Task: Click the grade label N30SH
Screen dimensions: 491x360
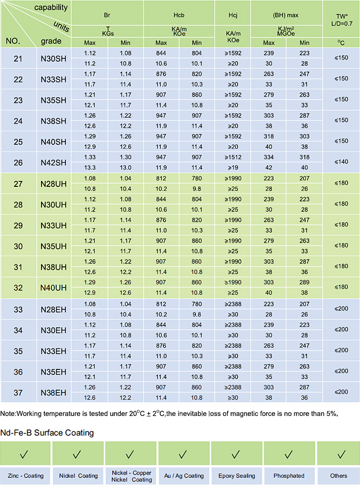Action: click(x=53, y=58)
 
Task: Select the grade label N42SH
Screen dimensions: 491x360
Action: click(x=53, y=163)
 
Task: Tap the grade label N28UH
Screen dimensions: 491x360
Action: click(x=53, y=184)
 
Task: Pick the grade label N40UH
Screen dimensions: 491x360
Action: click(x=53, y=288)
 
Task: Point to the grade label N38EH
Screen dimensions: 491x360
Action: click(x=53, y=392)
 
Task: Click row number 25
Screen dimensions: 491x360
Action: click(x=18, y=142)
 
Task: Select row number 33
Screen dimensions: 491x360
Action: click(x=18, y=309)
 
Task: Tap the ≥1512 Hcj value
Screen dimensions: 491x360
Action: click(x=233, y=157)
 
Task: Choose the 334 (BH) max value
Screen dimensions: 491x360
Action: click(x=269, y=157)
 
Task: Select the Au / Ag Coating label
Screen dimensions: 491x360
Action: click(x=184, y=476)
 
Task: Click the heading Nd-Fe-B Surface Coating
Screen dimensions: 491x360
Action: click(x=47, y=433)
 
